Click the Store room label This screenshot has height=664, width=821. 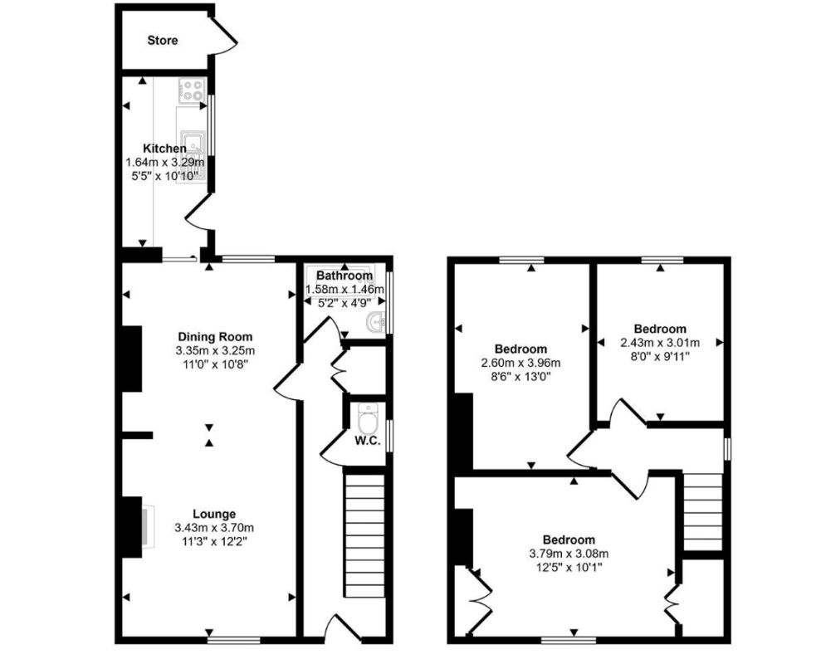pyautogui.click(x=163, y=40)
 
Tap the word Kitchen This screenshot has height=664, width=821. pyautogui.click(x=164, y=149)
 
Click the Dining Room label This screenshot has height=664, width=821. pyautogui.click(x=215, y=336)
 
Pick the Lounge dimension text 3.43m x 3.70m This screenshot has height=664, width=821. pyautogui.click(x=214, y=527)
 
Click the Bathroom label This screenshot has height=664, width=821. pyautogui.click(x=344, y=276)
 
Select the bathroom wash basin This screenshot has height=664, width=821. pyautogui.click(x=379, y=322)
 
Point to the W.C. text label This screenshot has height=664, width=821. pyautogui.click(x=367, y=441)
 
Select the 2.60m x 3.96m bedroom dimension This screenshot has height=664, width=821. pyautogui.click(x=521, y=363)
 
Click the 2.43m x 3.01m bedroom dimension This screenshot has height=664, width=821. pyautogui.click(x=660, y=342)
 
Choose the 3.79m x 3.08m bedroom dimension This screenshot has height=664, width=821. pyautogui.click(x=569, y=554)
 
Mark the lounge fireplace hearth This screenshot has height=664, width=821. pyautogui.click(x=145, y=526)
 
